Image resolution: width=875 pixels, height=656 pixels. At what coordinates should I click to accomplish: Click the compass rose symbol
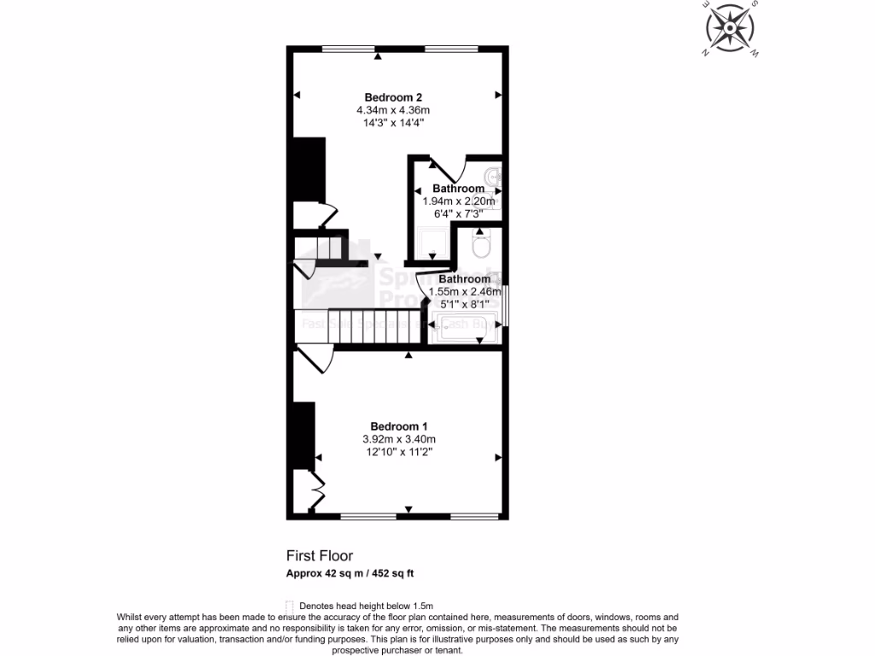click(x=731, y=29)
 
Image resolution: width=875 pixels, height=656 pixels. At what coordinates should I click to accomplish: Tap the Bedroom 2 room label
click(x=393, y=97)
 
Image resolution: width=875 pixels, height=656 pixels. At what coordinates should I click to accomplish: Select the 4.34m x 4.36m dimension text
click(x=393, y=110)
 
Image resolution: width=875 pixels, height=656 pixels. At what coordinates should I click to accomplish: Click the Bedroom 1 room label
click(x=398, y=426)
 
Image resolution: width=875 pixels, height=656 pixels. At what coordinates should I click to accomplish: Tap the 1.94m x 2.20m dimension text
click(x=458, y=202)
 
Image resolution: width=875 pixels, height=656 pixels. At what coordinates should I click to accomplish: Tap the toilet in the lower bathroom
click(x=480, y=246)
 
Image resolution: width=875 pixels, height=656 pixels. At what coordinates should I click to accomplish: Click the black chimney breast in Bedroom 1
click(x=303, y=434)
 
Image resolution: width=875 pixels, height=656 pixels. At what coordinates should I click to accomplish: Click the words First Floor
click(x=319, y=555)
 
